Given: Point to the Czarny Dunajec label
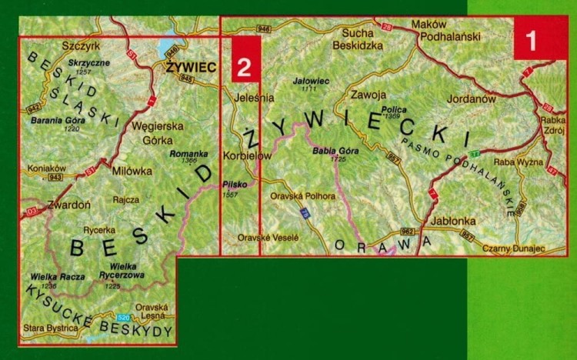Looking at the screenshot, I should [x=512, y=248].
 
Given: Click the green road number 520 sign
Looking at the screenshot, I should [x=123, y=318].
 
